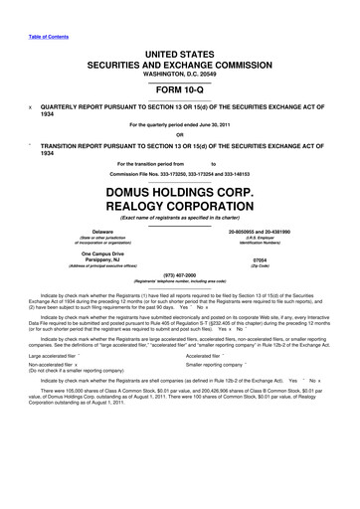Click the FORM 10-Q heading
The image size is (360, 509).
click(179, 85)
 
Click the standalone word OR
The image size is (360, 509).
click(179, 136)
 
